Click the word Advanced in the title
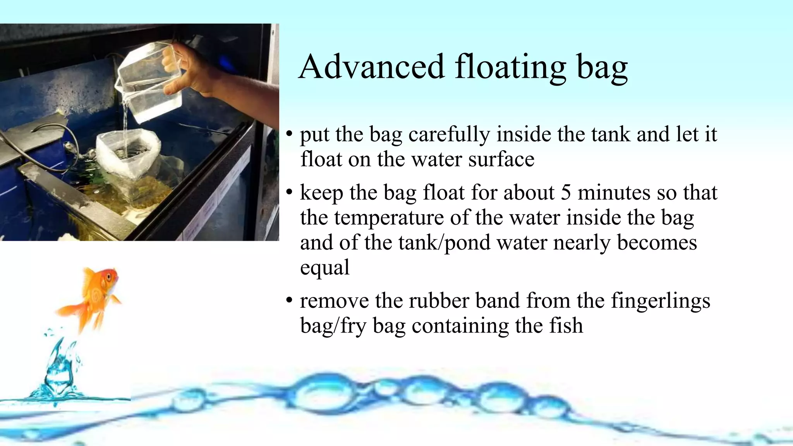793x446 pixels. pyautogui.click(x=371, y=67)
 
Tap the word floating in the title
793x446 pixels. pyautogui.click(x=510, y=67)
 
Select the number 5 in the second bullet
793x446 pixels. pyautogui.click(x=566, y=192)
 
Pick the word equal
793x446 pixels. pyautogui.click(x=324, y=267)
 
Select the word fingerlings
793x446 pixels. pyautogui.click(x=661, y=301)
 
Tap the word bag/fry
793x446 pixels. pyautogui.click(x=333, y=326)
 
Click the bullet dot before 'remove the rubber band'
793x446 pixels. pyautogui.click(x=289, y=301)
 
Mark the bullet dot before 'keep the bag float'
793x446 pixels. pyautogui.click(x=289, y=192)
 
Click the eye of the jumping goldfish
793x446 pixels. pyautogui.click(x=110, y=276)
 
